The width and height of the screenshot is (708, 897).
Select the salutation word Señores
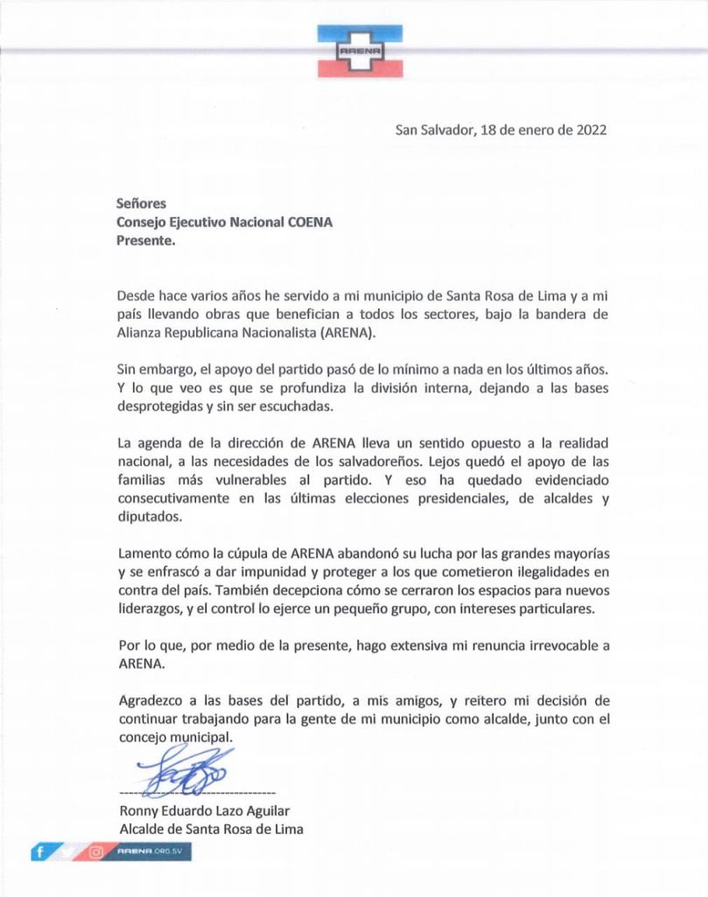pos(141,204)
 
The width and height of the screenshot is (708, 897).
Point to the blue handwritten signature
pos(185,770)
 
